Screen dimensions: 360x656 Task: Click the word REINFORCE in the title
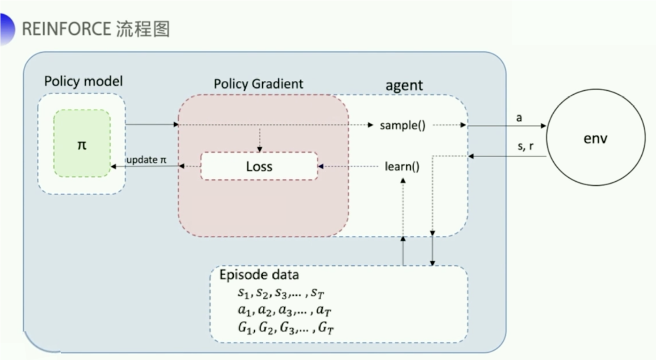point(66,29)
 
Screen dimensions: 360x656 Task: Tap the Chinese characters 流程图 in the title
point(143,29)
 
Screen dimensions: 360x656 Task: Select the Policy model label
point(83,81)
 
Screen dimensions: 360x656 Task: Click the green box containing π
point(82,144)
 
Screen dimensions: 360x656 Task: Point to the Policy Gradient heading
point(258,84)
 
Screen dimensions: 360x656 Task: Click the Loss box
point(259,166)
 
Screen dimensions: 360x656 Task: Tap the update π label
point(146,159)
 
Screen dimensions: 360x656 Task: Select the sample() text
point(402,126)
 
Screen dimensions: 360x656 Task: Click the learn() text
point(402,167)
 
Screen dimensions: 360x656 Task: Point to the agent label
point(404,85)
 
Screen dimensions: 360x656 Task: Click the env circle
point(596,138)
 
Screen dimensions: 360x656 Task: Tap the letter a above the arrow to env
point(519,117)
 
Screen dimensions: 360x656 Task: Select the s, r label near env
point(525,146)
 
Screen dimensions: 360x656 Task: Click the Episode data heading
point(259,275)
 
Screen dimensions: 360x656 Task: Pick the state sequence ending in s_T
point(279,293)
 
